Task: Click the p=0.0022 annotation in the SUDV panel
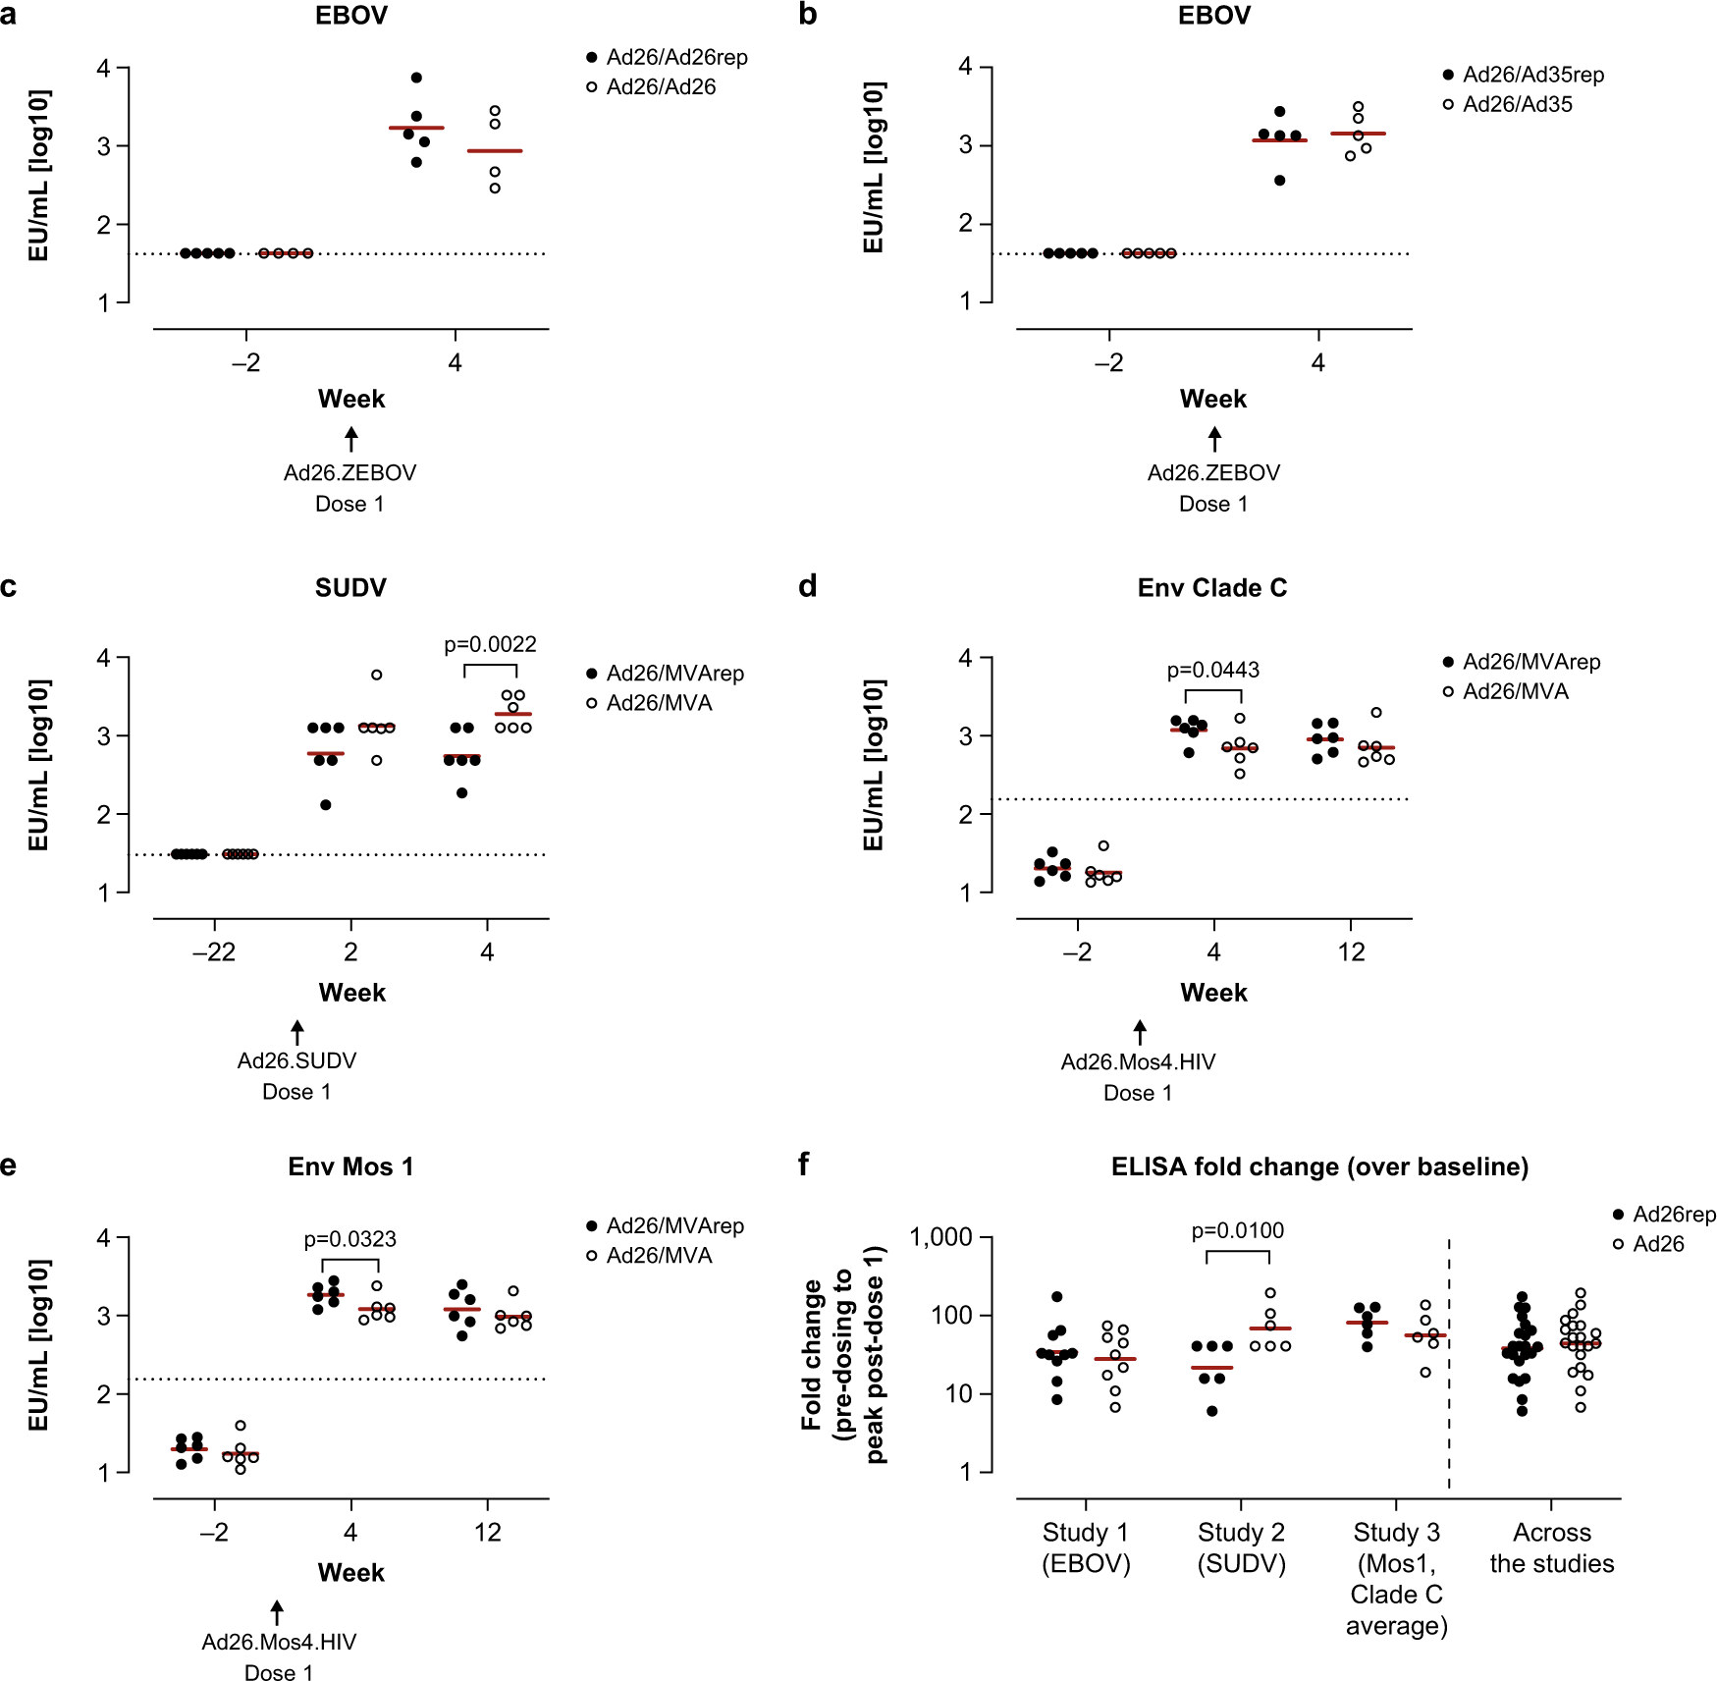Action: coord(490,645)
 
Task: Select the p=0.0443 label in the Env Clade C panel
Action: coord(1212,671)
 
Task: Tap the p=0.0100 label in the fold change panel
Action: coord(1237,1231)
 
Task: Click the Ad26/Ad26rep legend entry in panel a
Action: coord(668,58)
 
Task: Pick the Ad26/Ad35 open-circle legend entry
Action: coord(1508,105)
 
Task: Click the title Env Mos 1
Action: coord(350,1166)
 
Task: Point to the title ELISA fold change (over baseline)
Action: coord(1319,1166)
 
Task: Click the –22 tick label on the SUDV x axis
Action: coord(214,952)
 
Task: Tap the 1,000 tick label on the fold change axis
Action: coord(940,1237)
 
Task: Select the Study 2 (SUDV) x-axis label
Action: coord(1241,1547)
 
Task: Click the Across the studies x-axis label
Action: coord(1551,1547)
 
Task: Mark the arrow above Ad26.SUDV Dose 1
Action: coord(297,1032)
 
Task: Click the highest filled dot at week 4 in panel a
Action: coord(416,78)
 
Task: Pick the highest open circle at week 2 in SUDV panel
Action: coord(376,675)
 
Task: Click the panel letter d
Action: coord(807,586)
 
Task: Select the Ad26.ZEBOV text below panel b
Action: coord(1213,473)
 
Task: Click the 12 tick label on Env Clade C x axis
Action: coord(1351,952)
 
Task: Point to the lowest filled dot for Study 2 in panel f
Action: coord(1212,1411)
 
